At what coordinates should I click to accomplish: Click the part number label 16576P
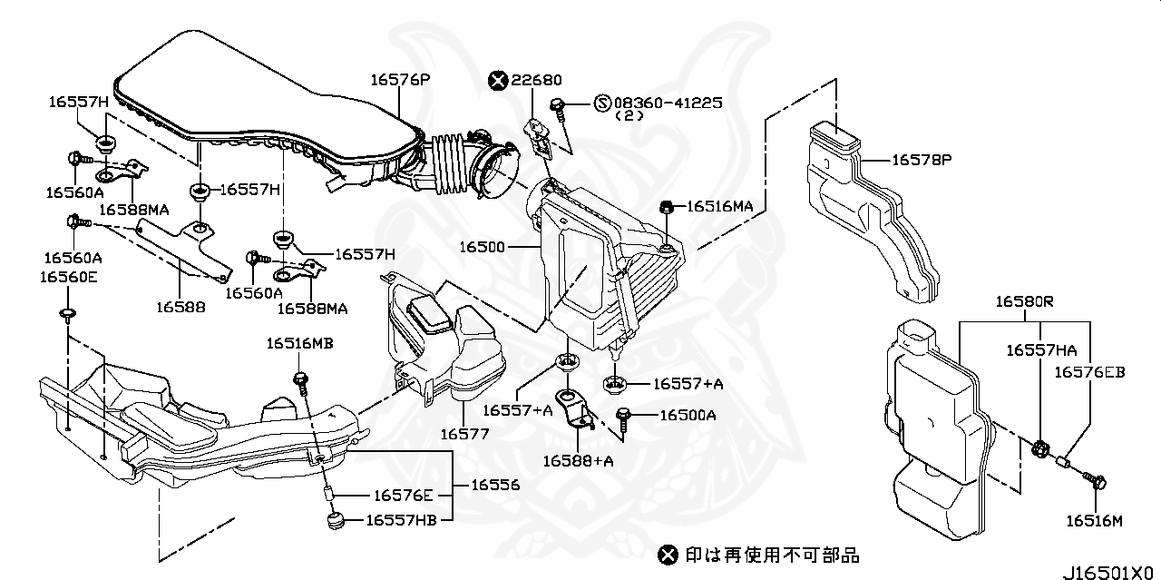click(x=399, y=80)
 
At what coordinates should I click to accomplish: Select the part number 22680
click(x=536, y=81)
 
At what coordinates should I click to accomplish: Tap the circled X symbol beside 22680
click(x=497, y=81)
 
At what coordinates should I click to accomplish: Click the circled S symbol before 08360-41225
click(x=602, y=103)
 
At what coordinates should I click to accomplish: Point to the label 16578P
click(x=922, y=160)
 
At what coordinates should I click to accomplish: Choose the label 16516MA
click(x=719, y=207)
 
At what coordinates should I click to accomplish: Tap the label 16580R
click(x=1025, y=300)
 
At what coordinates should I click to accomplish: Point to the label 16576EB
click(x=1088, y=372)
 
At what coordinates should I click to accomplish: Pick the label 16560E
click(x=68, y=277)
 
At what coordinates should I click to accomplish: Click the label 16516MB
click(x=299, y=343)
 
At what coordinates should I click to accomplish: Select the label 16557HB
click(x=400, y=520)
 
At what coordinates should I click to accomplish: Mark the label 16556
click(x=494, y=486)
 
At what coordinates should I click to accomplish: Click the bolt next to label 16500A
click(x=625, y=417)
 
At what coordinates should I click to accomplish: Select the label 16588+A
click(x=579, y=460)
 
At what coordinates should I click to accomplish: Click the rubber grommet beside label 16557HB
click(x=333, y=521)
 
